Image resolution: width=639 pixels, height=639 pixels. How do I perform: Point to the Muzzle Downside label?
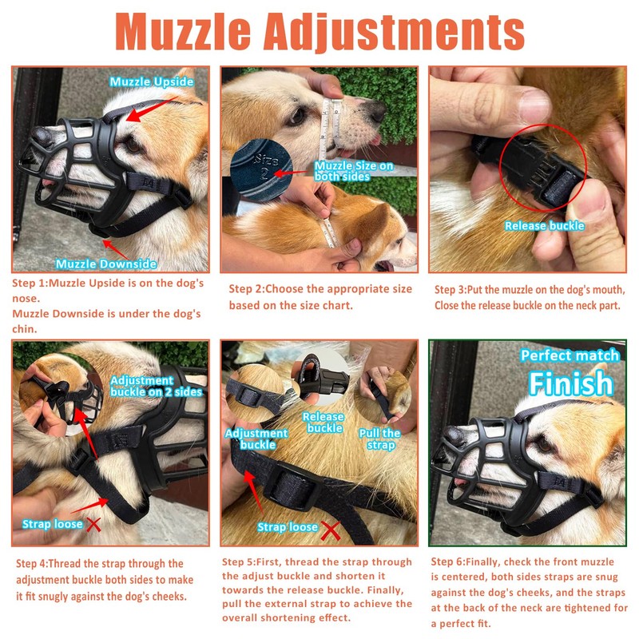pyautogui.click(x=106, y=264)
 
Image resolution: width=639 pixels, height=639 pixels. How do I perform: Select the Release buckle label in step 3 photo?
pyautogui.click(x=544, y=226)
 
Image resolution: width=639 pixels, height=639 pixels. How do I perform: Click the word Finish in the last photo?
pyautogui.click(x=570, y=383)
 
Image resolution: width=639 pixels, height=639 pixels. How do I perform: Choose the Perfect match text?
pyautogui.click(x=570, y=355)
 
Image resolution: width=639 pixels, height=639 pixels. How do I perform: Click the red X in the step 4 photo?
pyautogui.click(x=93, y=525)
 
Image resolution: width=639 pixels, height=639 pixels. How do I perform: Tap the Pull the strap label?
pyautogui.click(x=379, y=439)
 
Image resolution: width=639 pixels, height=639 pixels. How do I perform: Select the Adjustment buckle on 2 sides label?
pyautogui.click(x=155, y=386)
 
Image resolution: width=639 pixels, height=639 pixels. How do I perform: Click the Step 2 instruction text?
pyautogui.click(x=319, y=296)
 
